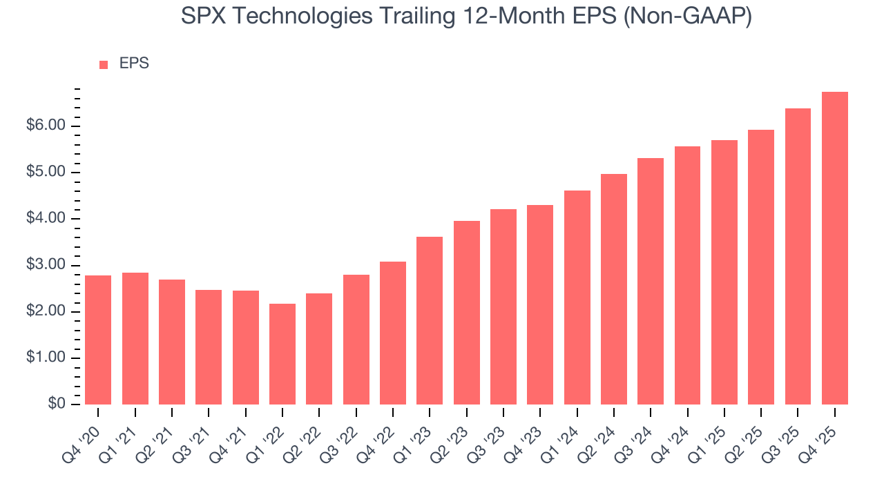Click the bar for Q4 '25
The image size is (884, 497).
(x=834, y=248)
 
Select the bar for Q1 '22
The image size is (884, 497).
(x=282, y=354)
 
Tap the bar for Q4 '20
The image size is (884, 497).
(x=98, y=340)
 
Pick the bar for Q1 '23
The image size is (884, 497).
(x=430, y=320)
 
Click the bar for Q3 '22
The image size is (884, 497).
(x=356, y=340)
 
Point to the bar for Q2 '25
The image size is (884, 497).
(x=760, y=267)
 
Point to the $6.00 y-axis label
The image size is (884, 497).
(x=47, y=126)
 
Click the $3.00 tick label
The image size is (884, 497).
(x=47, y=265)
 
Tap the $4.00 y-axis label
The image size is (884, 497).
(x=47, y=219)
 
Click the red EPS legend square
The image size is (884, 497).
(x=104, y=65)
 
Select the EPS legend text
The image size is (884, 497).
(x=134, y=64)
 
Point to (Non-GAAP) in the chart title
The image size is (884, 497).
(x=688, y=17)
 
